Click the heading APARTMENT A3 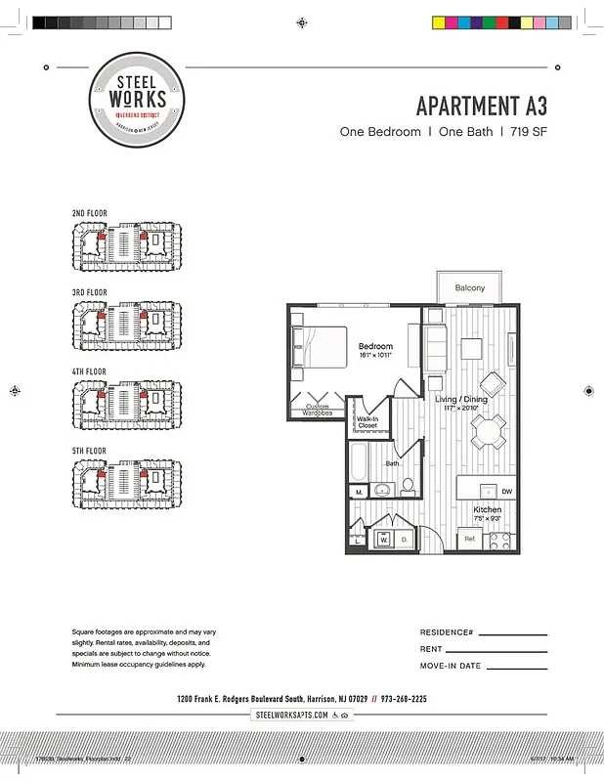pyautogui.click(x=482, y=106)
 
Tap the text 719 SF pyautogui.click(x=529, y=131)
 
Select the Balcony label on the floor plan pyautogui.click(x=469, y=288)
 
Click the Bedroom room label pyautogui.click(x=375, y=347)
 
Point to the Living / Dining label pyautogui.click(x=461, y=399)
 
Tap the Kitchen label pyautogui.click(x=488, y=510)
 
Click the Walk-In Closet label pyautogui.click(x=367, y=422)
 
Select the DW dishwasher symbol pyautogui.click(x=506, y=491)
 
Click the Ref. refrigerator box pyautogui.click(x=470, y=539)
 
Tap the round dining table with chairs pyautogui.click(x=486, y=429)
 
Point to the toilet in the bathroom pyautogui.click(x=408, y=486)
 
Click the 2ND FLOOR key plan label pyautogui.click(x=89, y=213)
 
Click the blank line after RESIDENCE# pyautogui.click(x=512, y=633)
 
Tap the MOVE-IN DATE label pyautogui.click(x=451, y=666)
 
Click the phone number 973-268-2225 pyautogui.click(x=405, y=699)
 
